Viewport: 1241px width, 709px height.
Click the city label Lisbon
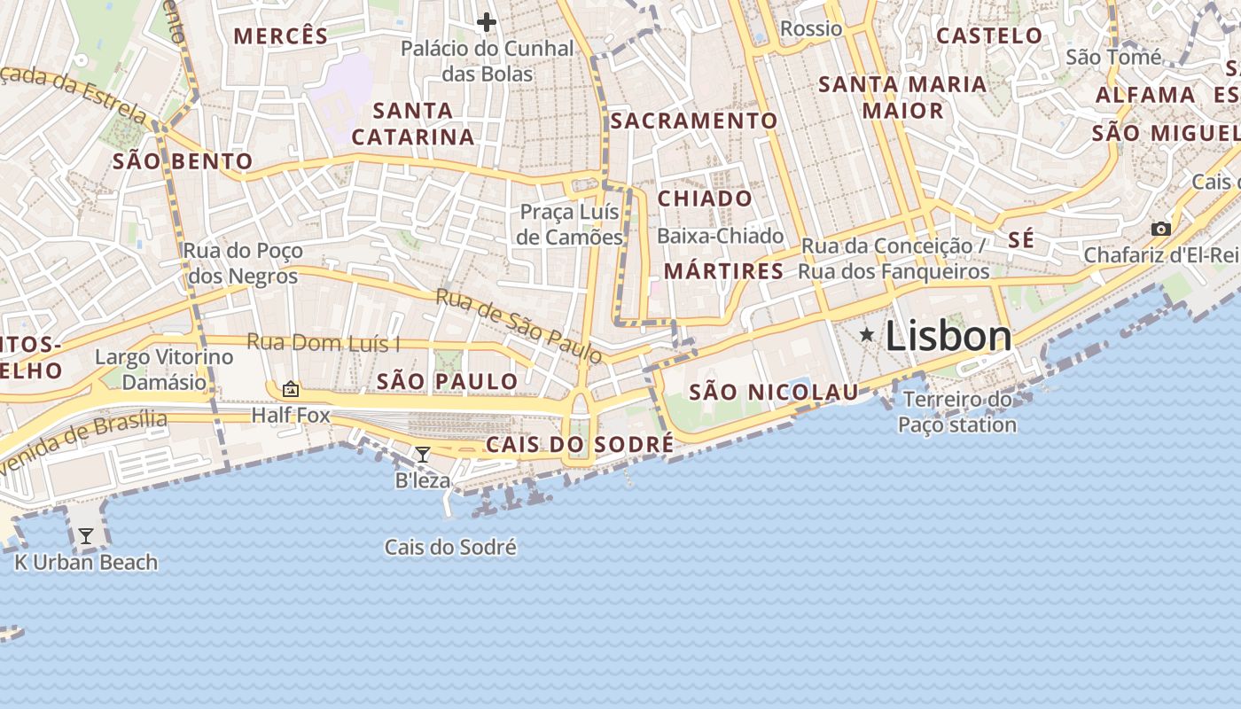pyautogui.click(x=948, y=337)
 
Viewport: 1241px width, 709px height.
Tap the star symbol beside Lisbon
pyautogui.click(x=867, y=335)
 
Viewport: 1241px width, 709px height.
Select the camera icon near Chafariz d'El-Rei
pyautogui.click(x=1160, y=229)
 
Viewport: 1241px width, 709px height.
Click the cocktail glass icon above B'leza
pyautogui.click(x=423, y=455)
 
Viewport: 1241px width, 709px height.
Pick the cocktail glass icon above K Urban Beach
pyautogui.click(x=86, y=536)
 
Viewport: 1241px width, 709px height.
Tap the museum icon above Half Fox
pyautogui.click(x=290, y=389)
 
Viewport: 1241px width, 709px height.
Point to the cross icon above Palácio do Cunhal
pyautogui.click(x=487, y=21)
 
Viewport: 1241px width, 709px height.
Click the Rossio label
pyautogui.click(x=811, y=28)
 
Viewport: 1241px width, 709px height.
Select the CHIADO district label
pyautogui.click(x=705, y=199)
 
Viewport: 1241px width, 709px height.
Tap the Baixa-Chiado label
pyautogui.click(x=721, y=236)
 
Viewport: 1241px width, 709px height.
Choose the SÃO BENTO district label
pyautogui.click(x=183, y=161)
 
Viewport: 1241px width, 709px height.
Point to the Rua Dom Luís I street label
pyautogui.click(x=324, y=342)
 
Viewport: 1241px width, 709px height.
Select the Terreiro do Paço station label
pyautogui.click(x=957, y=412)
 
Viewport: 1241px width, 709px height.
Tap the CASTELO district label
pyautogui.click(x=989, y=36)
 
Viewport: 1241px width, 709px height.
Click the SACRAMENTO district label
pyautogui.click(x=694, y=121)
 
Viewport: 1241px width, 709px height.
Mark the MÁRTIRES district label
pyautogui.click(x=724, y=271)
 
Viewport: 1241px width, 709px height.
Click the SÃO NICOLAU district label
pyautogui.click(x=774, y=392)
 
